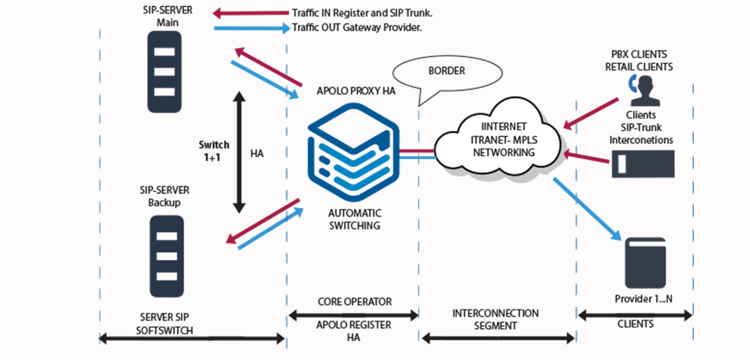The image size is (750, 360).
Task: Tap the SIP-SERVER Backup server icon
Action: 167,256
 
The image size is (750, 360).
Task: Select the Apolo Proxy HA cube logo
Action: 353,154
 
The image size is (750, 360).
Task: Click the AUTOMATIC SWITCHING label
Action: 355,219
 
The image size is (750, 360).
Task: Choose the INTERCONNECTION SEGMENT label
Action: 495,319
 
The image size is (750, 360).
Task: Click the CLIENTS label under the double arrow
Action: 635,324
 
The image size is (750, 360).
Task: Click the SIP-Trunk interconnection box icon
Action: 643,164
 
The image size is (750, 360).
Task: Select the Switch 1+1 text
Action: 214,150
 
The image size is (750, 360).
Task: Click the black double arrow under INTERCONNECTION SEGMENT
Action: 498,339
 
